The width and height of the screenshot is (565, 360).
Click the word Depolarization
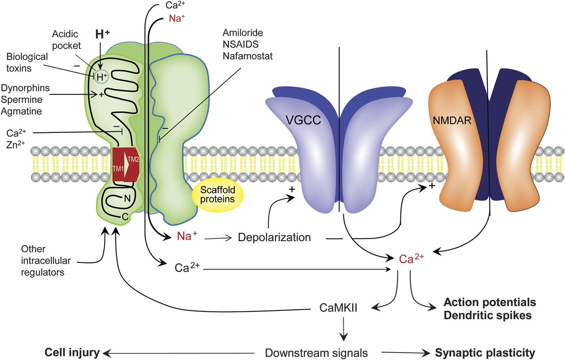tap(274, 237)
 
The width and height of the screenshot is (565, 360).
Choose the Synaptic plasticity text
tap(485, 353)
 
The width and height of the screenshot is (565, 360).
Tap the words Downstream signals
tap(316, 353)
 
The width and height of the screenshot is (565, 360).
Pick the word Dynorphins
tap(28, 88)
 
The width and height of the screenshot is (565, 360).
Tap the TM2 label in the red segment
tap(133, 160)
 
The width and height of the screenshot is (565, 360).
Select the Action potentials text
tap(490, 303)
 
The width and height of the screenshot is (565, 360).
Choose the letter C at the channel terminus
tap(125, 216)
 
